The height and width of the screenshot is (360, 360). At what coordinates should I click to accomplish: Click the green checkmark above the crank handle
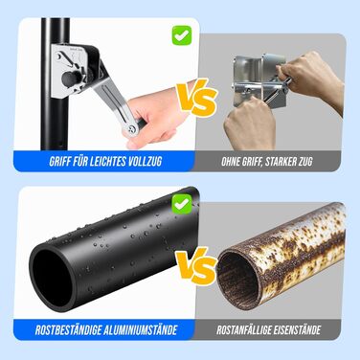182,35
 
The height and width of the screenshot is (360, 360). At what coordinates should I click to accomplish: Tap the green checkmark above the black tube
182,204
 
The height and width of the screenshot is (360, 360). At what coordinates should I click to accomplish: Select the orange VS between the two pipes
196,266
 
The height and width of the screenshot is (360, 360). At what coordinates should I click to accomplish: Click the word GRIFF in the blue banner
59,162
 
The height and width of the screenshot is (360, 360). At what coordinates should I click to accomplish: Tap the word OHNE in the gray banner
231,162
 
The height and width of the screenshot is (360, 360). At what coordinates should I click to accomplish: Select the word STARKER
281,162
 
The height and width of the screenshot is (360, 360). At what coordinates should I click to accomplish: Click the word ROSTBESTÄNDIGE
68,330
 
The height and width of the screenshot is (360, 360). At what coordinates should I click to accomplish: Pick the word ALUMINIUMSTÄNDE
141,330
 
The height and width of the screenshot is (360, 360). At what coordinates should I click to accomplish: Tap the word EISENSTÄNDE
300,330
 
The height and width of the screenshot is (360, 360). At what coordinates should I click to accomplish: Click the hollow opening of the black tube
51,278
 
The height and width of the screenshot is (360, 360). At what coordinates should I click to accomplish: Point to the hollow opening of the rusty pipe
237,276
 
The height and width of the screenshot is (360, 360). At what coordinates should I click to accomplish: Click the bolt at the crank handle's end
132,128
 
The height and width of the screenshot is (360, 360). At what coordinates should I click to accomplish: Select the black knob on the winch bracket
68,79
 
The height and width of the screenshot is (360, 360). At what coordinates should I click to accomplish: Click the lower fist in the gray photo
250,124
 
